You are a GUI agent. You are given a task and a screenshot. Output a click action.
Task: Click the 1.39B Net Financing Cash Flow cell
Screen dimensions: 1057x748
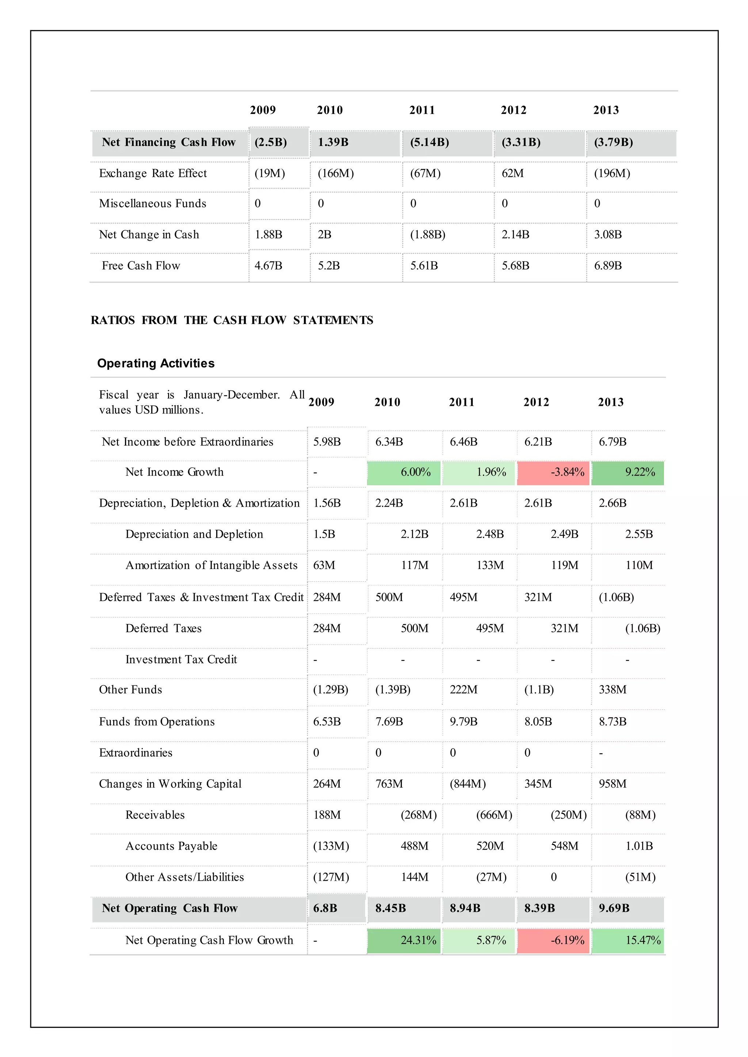click(x=333, y=142)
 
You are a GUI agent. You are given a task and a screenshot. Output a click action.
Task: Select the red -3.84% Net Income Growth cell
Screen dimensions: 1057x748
click(x=553, y=472)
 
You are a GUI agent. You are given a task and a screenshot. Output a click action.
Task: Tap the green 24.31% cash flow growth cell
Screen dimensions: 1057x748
click(x=404, y=940)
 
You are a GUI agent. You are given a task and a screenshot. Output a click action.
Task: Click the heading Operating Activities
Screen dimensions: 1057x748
click(x=156, y=363)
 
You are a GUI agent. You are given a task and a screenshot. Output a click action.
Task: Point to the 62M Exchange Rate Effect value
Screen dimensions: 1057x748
click(x=513, y=174)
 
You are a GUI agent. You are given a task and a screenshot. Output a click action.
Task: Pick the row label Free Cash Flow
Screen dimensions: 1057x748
click(x=141, y=266)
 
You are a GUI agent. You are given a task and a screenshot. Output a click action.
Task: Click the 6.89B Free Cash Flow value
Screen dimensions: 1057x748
click(x=608, y=266)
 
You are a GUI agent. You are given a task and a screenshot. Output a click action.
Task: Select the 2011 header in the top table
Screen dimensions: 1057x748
click(x=422, y=110)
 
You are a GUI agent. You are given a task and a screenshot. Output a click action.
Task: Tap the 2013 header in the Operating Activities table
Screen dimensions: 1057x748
click(x=611, y=402)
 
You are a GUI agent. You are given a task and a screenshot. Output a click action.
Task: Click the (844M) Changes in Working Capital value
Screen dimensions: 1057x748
click(x=467, y=784)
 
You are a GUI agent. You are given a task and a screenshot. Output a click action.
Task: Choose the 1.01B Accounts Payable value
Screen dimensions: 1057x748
click(x=639, y=846)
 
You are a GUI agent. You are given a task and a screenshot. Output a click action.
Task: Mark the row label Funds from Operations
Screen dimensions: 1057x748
click(x=157, y=722)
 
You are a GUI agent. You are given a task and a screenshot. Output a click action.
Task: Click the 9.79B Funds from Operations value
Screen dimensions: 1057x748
click(x=463, y=722)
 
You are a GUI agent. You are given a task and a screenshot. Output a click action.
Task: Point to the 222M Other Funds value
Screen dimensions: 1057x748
click(x=463, y=689)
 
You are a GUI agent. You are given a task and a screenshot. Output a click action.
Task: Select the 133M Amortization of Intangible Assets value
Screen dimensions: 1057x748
click(x=490, y=565)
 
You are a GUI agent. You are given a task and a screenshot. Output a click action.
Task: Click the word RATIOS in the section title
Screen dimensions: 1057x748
click(x=113, y=320)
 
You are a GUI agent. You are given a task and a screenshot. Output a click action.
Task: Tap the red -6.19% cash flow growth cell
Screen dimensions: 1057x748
click(x=553, y=940)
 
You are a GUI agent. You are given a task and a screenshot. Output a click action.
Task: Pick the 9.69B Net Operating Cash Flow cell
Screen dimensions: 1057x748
click(x=614, y=908)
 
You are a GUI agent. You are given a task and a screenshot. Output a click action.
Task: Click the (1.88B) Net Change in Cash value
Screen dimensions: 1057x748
click(x=427, y=235)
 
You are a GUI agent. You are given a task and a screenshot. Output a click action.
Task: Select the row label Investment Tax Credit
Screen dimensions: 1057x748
click(x=181, y=660)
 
